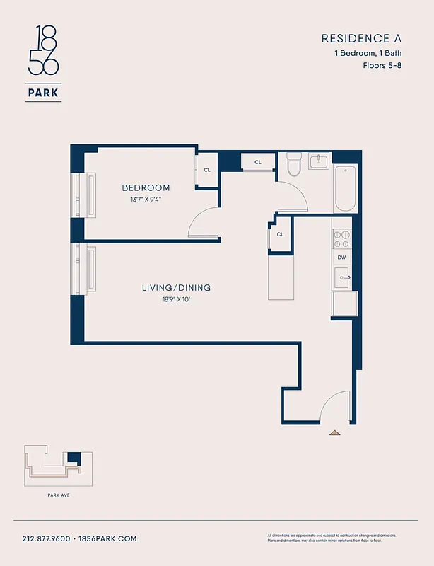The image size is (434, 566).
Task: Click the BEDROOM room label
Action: point(146,187)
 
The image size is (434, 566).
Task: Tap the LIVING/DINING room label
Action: point(176,288)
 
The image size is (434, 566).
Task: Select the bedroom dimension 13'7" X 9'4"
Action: point(146,200)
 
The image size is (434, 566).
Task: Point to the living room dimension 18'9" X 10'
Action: point(176,300)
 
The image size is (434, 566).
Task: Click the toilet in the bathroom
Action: point(295,166)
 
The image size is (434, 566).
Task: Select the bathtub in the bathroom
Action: point(345,188)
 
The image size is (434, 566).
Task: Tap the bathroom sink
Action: point(319,161)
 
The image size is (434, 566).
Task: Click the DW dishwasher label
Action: point(341,258)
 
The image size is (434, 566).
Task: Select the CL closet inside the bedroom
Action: point(207,170)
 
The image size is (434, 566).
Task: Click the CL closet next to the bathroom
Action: point(258,162)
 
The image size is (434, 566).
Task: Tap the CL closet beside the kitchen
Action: point(280,234)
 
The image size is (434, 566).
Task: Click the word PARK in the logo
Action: point(43,91)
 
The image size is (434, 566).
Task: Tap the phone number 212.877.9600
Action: point(46,538)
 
